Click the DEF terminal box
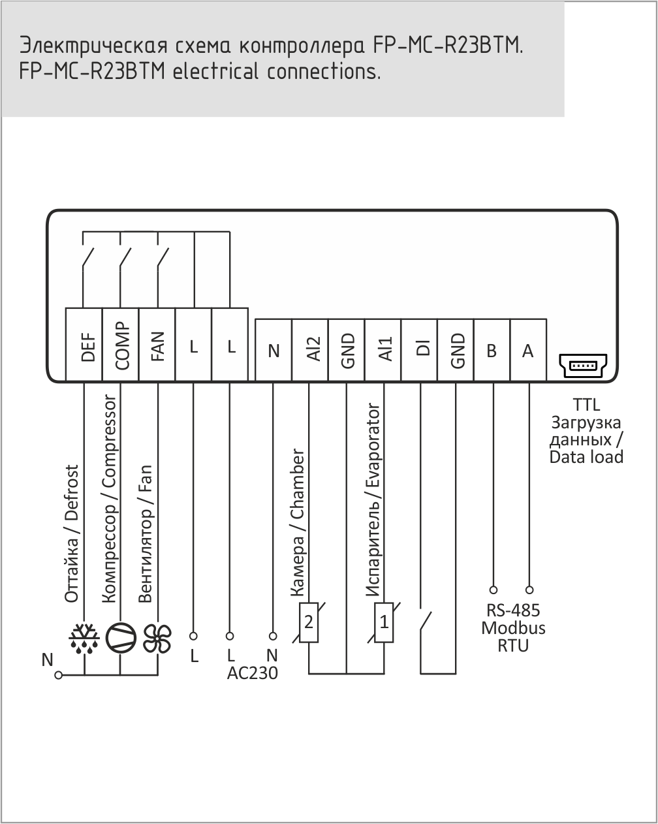pyautogui.click(x=84, y=344)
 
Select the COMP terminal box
pyautogui.click(x=121, y=344)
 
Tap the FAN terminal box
pyautogui.click(x=157, y=344)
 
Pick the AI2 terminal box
pyautogui.click(x=310, y=349)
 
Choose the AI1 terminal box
pyautogui.click(x=383, y=349)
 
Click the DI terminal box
pyautogui.click(x=420, y=349)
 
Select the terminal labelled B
pyautogui.click(x=492, y=349)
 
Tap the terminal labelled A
pyautogui.click(x=529, y=349)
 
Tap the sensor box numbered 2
pyautogui.click(x=309, y=623)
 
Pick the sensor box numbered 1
pyautogui.click(x=384, y=623)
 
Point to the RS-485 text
pyautogui.click(x=513, y=610)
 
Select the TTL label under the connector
pyautogui.click(x=586, y=405)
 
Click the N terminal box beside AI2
pyautogui.click(x=274, y=349)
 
